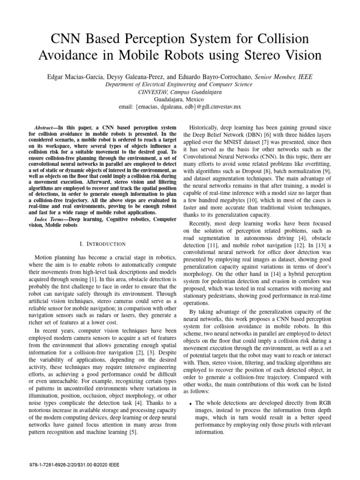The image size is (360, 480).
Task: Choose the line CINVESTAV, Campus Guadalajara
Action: click(180, 92)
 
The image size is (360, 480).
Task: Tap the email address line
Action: click(180, 107)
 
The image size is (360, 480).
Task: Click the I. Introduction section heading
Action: click(103, 244)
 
